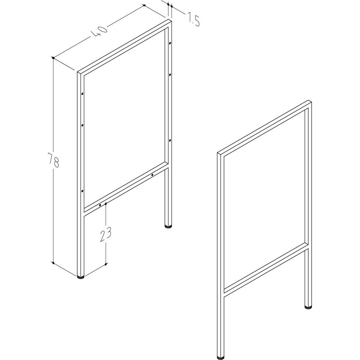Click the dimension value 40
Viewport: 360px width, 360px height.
pyautogui.click(x=100, y=32)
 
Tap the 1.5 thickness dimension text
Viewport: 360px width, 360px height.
pyautogui.click(x=193, y=19)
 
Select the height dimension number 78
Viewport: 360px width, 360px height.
pyautogui.click(x=54, y=160)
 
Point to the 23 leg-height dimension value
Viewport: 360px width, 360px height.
pyautogui.click(x=106, y=235)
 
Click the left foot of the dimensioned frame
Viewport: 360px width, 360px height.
pyautogui.click(x=81, y=277)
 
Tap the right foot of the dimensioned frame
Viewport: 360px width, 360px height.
pyautogui.click(x=168, y=226)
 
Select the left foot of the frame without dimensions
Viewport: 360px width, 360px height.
pyautogui.click(x=221, y=358)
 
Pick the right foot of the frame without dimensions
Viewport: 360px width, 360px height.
pyautogui.click(x=308, y=307)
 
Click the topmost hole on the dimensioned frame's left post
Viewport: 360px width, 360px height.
pyautogui.click(x=82, y=94)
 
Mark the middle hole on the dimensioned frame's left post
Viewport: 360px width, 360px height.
pyautogui.click(x=82, y=125)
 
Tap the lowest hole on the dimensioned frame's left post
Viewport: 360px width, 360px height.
pyautogui.click(x=82, y=191)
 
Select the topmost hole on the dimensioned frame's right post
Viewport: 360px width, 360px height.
pyautogui.click(x=170, y=43)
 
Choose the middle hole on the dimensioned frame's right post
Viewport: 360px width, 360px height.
pyautogui.click(x=170, y=75)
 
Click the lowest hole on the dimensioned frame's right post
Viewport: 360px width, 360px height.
pyautogui.click(x=170, y=140)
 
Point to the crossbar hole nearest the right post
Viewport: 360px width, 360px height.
pyautogui.click(x=152, y=175)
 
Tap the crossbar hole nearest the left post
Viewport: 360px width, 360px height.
pyautogui.click(x=100, y=205)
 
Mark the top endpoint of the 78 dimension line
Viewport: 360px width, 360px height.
pyautogui.click(x=53, y=58)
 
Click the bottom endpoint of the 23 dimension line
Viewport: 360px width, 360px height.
pyautogui.click(x=106, y=264)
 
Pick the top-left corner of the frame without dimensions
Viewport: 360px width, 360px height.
pyautogui.click(x=217, y=153)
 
